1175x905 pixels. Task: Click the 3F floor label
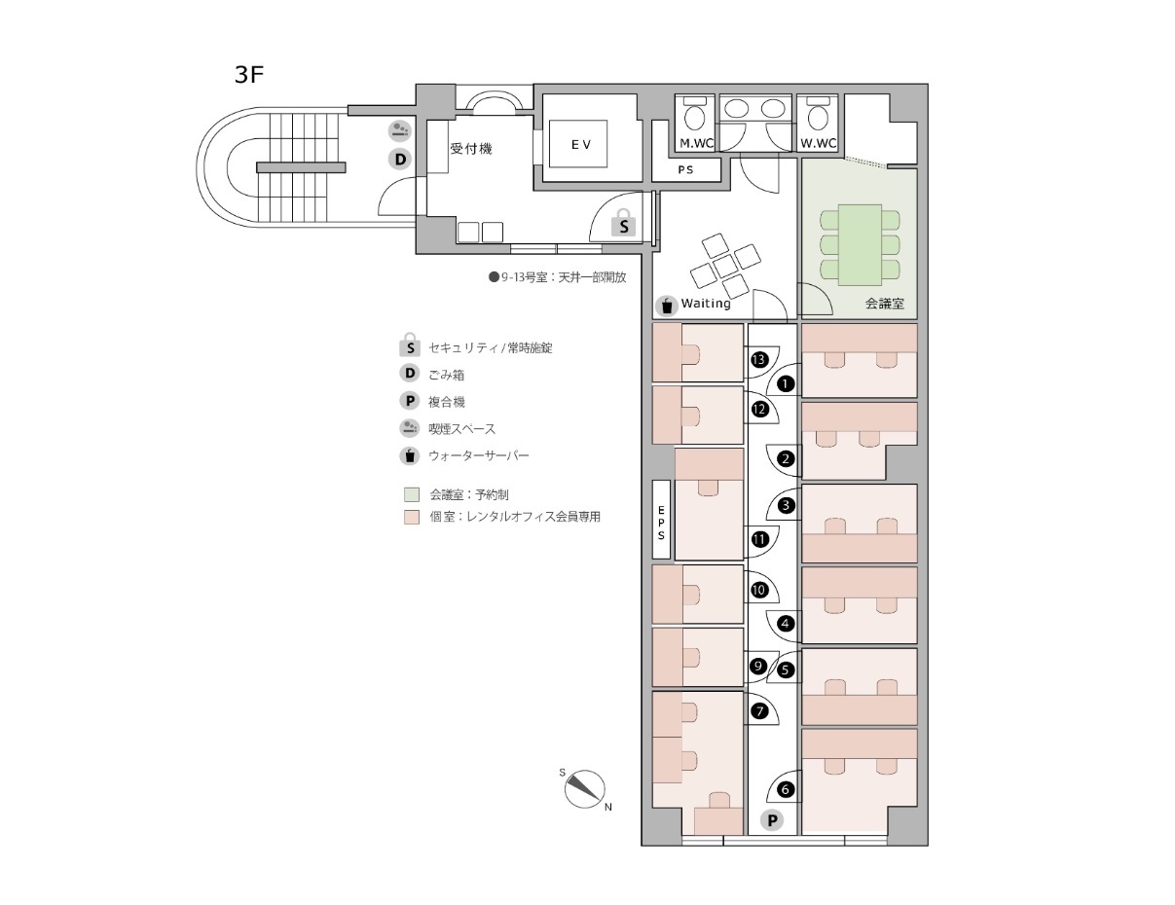pyautogui.click(x=249, y=75)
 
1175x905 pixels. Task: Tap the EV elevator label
pyautogui.click(x=581, y=144)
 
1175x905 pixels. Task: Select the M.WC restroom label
pyautogui.click(x=696, y=143)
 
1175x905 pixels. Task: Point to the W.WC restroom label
pyautogui.click(x=818, y=143)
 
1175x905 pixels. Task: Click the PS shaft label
pyautogui.click(x=685, y=169)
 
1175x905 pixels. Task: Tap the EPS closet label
pyautogui.click(x=661, y=523)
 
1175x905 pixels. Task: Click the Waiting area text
pyautogui.click(x=706, y=303)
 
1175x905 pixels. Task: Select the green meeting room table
pyautogui.click(x=860, y=245)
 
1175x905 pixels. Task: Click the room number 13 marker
pyautogui.click(x=759, y=359)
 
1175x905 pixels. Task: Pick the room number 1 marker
pyautogui.click(x=786, y=383)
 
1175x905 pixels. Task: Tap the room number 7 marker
pyautogui.click(x=759, y=711)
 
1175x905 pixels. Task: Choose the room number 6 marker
pyautogui.click(x=786, y=789)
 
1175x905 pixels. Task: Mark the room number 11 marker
pyautogui.click(x=759, y=539)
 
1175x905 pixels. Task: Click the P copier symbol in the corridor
pyautogui.click(x=772, y=820)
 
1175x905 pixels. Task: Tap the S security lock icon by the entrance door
pyautogui.click(x=623, y=223)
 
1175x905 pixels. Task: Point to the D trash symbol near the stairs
pyautogui.click(x=400, y=160)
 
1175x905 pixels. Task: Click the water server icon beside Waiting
pyautogui.click(x=667, y=306)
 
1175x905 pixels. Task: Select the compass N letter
pyautogui.click(x=608, y=808)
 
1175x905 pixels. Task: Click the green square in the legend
pyautogui.click(x=412, y=494)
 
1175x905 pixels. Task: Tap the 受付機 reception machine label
pyautogui.click(x=471, y=148)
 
